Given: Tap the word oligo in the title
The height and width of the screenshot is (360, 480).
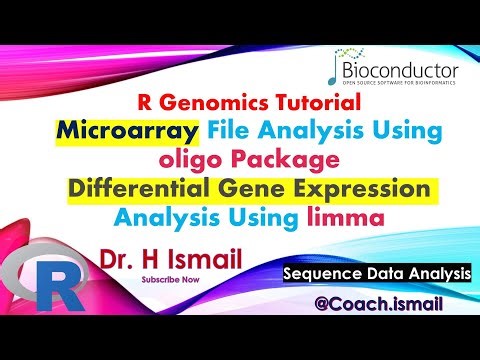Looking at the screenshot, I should click(x=188, y=159).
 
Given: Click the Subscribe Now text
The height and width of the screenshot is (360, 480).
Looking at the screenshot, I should click(x=170, y=280).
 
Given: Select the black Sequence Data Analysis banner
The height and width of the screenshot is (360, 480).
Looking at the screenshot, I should click(x=375, y=273).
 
